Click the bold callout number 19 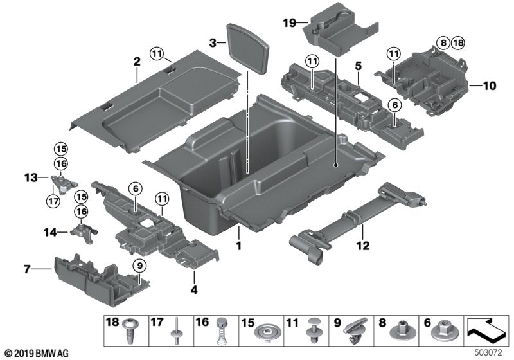[x=290, y=23]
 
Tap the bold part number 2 [x=136, y=62]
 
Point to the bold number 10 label [x=490, y=85]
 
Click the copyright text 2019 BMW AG [x=35, y=352]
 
